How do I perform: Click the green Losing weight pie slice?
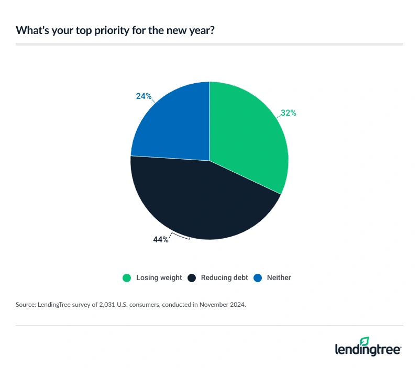point(249,136)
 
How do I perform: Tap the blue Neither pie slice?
point(170,123)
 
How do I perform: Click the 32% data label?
point(288,113)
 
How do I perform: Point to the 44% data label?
point(161,239)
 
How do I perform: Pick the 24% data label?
point(144,96)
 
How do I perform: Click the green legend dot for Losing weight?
point(126,277)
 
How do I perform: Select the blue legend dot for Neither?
point(257,277)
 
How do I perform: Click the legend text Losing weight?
point(159,277)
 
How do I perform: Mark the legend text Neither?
point(278,277)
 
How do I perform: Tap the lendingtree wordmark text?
point(368,350)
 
